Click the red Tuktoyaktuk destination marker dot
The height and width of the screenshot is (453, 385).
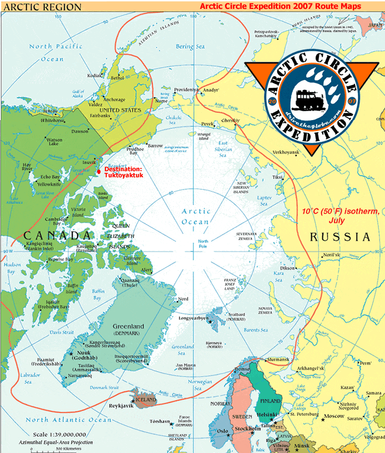(x=99, y=171)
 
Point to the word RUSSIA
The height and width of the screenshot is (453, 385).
(x=340, y=237)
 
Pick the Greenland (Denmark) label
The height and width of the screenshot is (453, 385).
(x=128, y=330)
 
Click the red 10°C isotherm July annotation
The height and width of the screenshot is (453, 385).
(x=341, y=216)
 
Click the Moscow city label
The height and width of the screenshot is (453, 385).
(x=334, y=416)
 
